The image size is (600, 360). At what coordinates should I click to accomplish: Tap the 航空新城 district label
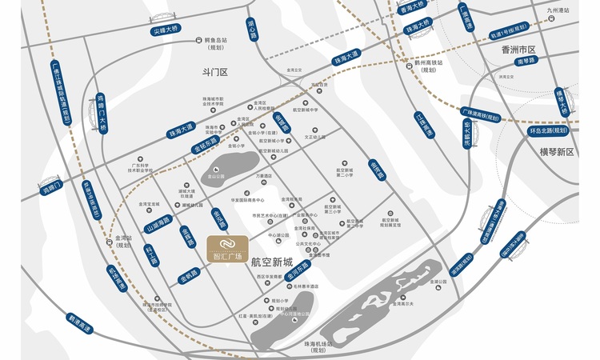tap(273, 260)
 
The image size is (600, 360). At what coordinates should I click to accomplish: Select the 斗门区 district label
tap(215, 72)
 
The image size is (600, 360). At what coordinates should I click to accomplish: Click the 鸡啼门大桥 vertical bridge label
tap(102, 114)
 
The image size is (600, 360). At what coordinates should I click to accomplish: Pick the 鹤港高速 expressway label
tap(81, 324)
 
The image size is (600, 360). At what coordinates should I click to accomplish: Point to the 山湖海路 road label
tap(158, 226)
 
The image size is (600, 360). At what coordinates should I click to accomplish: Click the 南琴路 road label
tap(525, 61)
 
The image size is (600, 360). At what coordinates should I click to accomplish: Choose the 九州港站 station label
tap(557, 10)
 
